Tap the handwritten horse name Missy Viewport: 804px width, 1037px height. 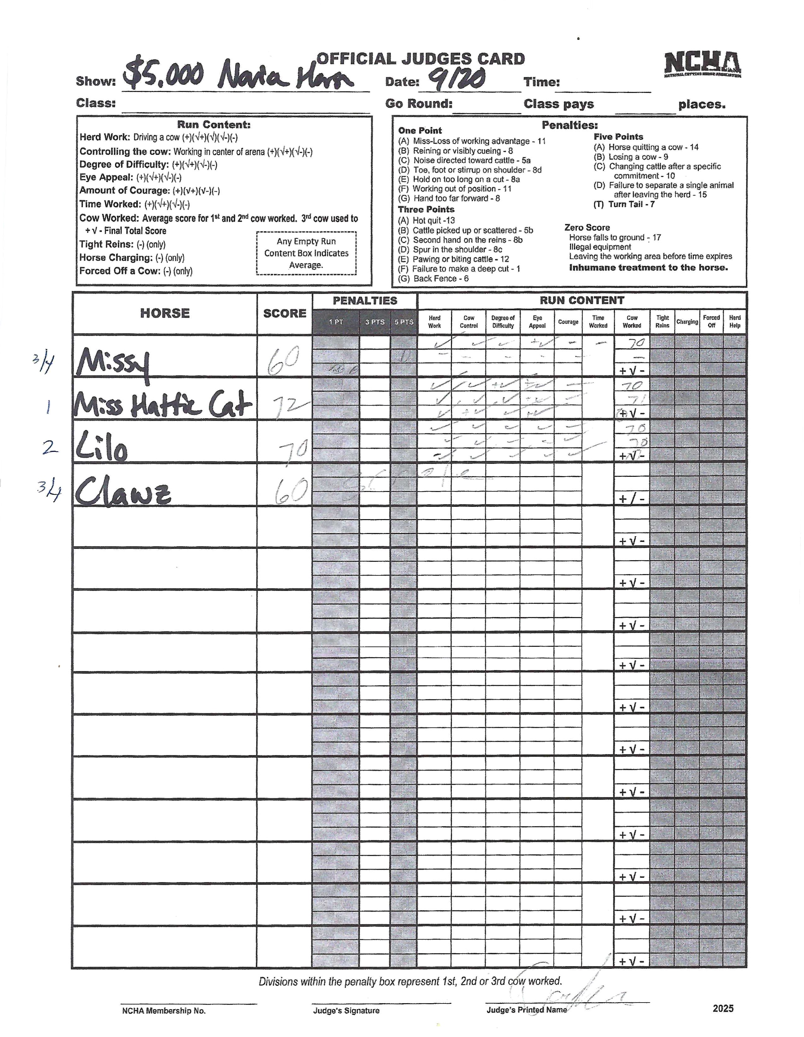(113, 363)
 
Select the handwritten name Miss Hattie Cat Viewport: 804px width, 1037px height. (162, 405)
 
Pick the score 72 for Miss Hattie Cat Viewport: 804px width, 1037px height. (289, 405)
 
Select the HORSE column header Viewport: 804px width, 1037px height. (165, 313)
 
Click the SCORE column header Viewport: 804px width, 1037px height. (284, 313)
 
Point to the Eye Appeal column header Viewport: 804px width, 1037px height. (537, 322)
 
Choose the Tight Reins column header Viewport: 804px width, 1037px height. (662, 322)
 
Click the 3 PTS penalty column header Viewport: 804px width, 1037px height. (375, 322)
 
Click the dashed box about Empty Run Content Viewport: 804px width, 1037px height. (306, 253)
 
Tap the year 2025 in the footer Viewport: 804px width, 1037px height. (722, 1009)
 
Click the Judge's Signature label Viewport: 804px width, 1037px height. (346, 1010)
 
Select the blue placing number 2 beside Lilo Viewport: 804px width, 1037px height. (50, 447)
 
